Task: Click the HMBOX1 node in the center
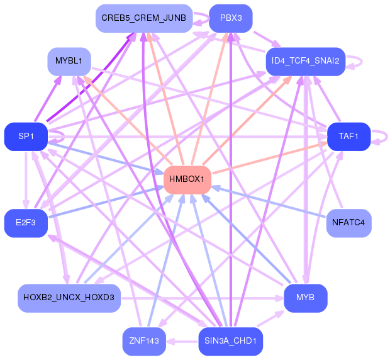[x=186, y=180]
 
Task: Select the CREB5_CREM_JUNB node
[x=143, y=18]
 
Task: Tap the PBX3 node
[x=231, y=18]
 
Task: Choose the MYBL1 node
[x=69, y=62]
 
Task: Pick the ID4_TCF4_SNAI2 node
[x=305, y=61]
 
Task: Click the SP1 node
[x=26, y=137]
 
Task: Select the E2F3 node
[x=26, y=223]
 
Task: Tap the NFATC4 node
[x=348, y=223]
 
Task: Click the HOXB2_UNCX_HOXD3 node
[x=69, y=297]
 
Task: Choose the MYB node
[x=305, y=297]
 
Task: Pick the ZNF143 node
[x=144, y=342]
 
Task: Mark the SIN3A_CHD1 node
[x=230, y=342]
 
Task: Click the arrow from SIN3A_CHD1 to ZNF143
[x=182, y=342]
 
